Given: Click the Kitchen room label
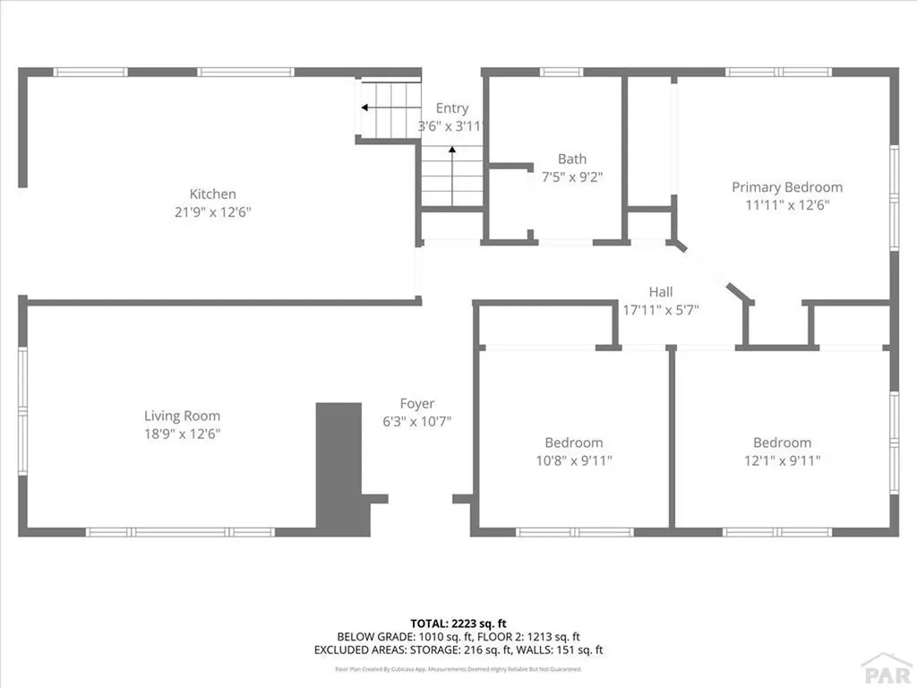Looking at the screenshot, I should (212, 193).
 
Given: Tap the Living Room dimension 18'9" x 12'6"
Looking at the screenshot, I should (182, 434).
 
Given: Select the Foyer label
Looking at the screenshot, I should (417, 404).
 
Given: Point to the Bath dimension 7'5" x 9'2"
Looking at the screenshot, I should (572, 177).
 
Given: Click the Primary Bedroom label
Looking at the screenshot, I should (787, 187).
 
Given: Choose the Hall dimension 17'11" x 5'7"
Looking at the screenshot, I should (661, 310).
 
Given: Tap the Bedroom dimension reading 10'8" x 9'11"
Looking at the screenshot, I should (573, 460).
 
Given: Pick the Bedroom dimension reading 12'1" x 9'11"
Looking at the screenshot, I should (782, 460).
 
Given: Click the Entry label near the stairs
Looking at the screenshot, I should (452, 108).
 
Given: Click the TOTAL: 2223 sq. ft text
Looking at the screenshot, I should (458, 623).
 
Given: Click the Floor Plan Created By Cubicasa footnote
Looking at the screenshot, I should (458, 668).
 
